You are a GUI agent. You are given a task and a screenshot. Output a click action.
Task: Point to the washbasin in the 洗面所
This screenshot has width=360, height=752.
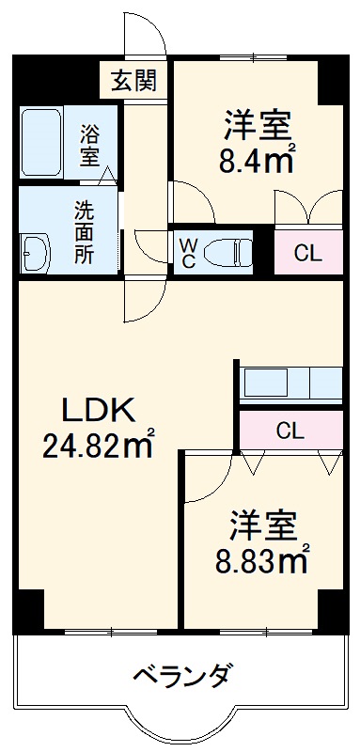tap(36, 253)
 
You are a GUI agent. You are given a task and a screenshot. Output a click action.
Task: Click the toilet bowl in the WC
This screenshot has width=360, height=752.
tap(229, 251)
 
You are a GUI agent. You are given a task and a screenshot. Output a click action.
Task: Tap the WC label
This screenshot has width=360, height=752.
tap(188, 252)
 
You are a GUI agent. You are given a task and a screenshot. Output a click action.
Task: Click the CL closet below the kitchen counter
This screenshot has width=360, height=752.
tap(290, 431)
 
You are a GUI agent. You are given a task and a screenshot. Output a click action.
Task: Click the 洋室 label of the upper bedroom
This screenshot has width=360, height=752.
tap(257, 124)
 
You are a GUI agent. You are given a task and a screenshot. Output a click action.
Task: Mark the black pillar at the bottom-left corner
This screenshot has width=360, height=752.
tap(29, 610)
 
